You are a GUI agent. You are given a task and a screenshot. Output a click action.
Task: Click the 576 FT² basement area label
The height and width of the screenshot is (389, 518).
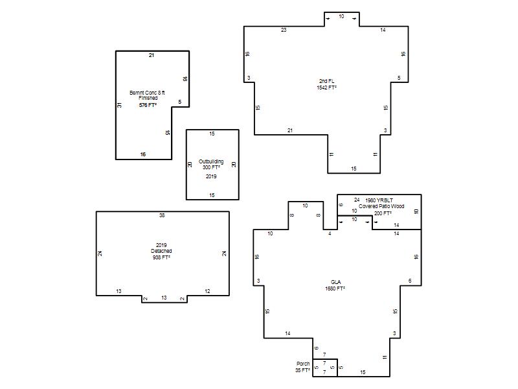[x=148, y=105]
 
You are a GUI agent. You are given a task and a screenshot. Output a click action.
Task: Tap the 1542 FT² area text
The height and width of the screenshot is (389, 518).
[x=327, y=88]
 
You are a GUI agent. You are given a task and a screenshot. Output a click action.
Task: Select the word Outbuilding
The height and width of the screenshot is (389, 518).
[x=211, y=161]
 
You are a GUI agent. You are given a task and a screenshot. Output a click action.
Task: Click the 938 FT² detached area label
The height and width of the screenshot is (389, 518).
[x=161, y=257]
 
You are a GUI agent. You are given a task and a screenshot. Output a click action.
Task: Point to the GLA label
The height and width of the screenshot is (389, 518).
[x=335, y=282]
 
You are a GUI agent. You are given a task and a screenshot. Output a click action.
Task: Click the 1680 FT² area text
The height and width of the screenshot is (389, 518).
[x=335, y=289]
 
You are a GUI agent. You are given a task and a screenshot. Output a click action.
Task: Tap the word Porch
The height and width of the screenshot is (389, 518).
[x=303, y=364]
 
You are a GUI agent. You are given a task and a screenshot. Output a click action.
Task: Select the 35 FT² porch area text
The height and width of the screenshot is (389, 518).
[x=302, y=370]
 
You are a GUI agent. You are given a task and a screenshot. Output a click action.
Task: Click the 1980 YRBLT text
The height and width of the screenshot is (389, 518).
[x=379, y=200]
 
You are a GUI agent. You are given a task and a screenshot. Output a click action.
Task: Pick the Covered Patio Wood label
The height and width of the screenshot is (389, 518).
[x=381, y=206]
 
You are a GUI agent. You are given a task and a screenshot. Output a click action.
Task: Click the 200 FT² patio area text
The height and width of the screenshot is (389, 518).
[x=383, y=213]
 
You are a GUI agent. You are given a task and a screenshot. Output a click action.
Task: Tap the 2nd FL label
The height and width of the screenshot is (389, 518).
[x=327, y=81]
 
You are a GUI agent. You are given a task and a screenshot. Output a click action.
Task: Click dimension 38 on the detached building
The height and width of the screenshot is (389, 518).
[x=162, y=215]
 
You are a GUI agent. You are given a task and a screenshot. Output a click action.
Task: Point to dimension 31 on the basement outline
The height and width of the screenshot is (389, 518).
[x=120, y=105]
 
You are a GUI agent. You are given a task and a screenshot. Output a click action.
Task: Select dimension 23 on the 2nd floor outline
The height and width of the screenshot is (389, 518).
[x=284, y=30]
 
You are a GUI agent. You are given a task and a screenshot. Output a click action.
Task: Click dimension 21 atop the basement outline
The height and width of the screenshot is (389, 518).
[x=152, y=55]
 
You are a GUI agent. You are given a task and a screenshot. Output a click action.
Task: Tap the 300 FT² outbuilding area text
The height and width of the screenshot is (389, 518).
[x=211, y=167]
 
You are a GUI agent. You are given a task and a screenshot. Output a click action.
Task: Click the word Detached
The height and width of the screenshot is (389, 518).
[x=161, y=251]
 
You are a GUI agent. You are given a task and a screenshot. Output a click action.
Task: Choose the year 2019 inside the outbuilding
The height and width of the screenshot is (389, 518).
[x=211, y=176]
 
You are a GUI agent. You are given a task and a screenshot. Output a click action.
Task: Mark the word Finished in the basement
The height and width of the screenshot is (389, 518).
[x=148, y=99]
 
